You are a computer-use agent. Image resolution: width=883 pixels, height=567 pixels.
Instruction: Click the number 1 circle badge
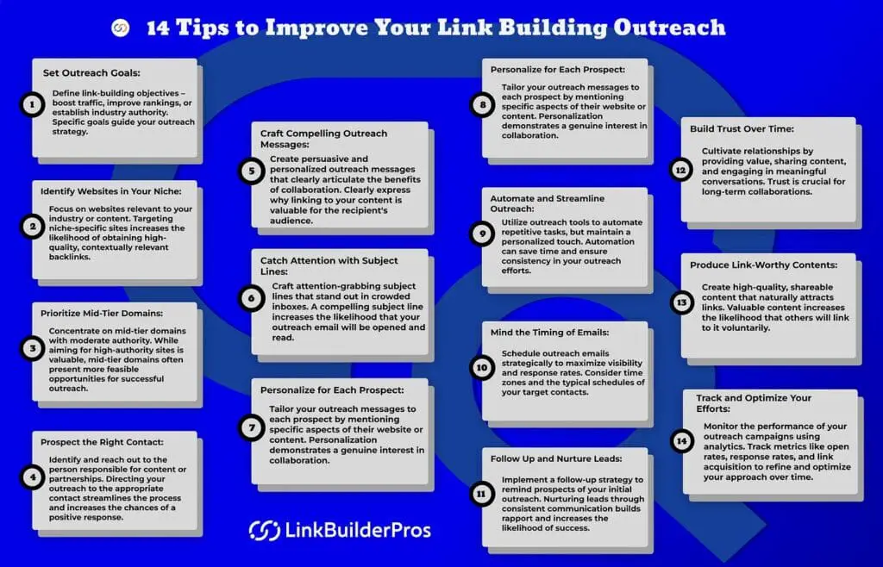click(x=32, y=106)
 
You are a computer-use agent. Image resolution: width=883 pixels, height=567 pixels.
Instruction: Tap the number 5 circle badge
click(x=251, y=171)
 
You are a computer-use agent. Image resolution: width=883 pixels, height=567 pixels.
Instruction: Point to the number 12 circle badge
click(x=680, y=170)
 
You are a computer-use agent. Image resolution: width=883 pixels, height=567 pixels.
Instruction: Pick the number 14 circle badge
click(x=681, y=441)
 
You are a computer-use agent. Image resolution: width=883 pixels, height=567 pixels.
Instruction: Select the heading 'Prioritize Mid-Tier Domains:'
click(x=103, y=315)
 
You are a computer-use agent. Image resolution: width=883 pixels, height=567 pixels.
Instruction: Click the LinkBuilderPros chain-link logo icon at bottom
click(x=264, y=530)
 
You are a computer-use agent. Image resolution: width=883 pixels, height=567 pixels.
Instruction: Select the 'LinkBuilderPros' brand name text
click(x=357, y=530)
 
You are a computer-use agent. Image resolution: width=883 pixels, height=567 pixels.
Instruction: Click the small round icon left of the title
click(x=120, y=28)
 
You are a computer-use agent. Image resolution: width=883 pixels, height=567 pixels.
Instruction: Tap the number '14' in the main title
click(x=158, y=28)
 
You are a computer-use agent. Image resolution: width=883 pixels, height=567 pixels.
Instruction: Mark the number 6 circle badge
click(x=251, y=297)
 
